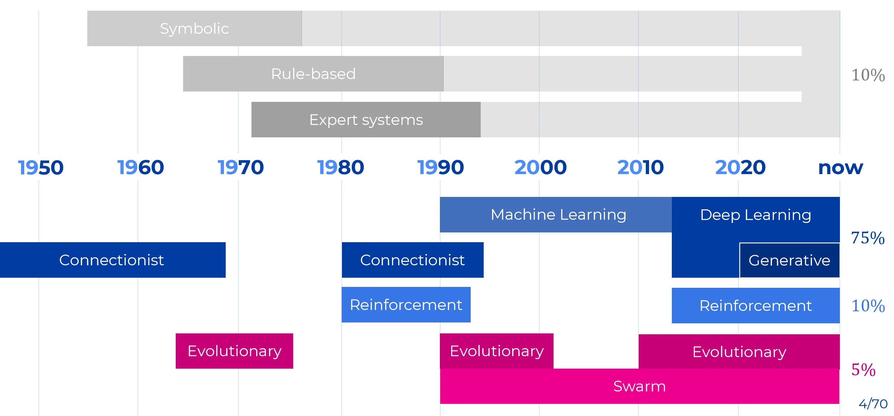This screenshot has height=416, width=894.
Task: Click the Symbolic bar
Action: tap(194, 28)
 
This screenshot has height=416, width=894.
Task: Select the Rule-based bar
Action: tap(313, 74)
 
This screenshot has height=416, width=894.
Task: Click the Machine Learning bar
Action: tap(556, 215)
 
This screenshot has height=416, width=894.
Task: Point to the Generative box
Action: tap(789, 260)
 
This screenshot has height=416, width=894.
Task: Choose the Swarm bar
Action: tap(639, 386)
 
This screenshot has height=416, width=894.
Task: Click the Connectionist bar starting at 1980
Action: tap(412, 260)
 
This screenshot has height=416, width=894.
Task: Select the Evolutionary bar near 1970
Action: tap(234, 351)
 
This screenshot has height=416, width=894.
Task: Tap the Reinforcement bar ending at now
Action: tap(756, 306)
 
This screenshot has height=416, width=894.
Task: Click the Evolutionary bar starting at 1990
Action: tap(497, 351)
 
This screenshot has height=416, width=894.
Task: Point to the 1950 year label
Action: tap(41, 167)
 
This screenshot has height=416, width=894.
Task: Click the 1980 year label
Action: tap(341, 167)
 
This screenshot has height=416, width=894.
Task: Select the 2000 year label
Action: tap(540, 167)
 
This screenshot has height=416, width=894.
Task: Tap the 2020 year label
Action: tap(740, 167)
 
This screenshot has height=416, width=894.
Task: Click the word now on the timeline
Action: tap(840, 168)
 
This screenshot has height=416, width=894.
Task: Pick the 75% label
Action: tap(868, 238)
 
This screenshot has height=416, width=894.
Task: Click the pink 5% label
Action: tap(863, 370)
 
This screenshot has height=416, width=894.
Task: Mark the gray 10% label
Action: tap(868, 75)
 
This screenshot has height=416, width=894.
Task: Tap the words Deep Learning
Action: tap(756, 215)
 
